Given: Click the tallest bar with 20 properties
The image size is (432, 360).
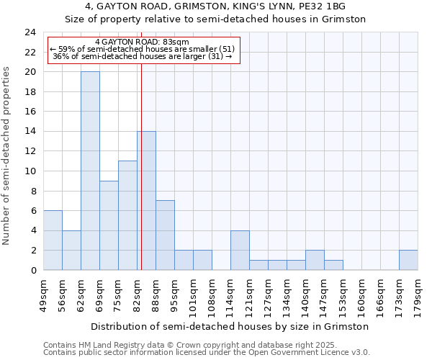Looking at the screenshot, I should click(90, 171).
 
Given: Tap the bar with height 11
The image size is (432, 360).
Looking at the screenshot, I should click(127, 215).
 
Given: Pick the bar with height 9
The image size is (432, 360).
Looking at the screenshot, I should click(109, 225).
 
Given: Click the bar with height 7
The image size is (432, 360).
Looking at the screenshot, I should click(165, 235).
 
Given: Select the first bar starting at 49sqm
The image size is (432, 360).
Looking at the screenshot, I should click(53, 240).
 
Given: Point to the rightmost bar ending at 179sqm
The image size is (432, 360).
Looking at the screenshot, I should click(408, 260).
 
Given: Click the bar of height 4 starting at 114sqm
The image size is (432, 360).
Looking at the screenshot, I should click(240, 250).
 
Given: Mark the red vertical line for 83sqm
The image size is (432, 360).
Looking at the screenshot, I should click(141, 166).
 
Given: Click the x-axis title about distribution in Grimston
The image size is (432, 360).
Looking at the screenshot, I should click(230, 326).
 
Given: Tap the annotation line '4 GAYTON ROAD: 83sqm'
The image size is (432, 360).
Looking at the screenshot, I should click(142, 42).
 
